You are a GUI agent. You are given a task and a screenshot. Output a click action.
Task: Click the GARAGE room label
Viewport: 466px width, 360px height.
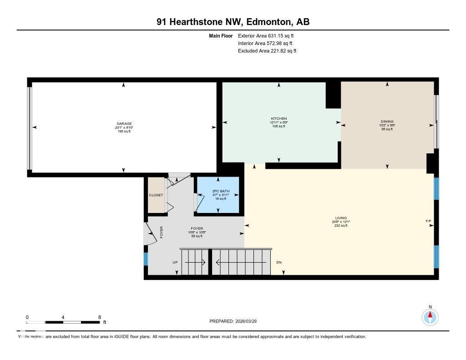124,124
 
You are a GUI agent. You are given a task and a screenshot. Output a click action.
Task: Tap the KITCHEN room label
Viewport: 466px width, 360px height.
279,119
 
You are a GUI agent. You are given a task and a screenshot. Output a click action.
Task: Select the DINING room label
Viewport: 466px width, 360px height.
387,122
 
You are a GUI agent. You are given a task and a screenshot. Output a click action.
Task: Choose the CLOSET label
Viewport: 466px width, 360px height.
156,195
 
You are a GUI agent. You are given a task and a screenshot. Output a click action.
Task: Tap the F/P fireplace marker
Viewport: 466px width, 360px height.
428,222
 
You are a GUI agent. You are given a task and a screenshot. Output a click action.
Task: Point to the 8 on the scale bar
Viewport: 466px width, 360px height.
99,317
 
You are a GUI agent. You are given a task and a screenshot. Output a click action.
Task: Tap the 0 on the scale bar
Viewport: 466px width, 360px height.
27,317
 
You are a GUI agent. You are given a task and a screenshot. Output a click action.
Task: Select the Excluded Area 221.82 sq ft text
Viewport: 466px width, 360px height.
267,51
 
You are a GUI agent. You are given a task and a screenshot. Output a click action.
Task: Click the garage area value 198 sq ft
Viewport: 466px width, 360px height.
124,132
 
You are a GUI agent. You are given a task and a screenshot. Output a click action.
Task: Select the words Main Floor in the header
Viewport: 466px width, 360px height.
221,35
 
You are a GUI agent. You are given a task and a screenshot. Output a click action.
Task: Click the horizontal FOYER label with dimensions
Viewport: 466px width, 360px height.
197,228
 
